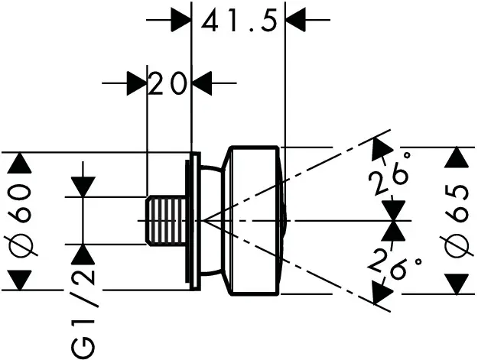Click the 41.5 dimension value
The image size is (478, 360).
coord(238,23)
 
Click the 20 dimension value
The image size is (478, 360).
coord(168,83)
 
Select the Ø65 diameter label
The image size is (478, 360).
coord(457,222)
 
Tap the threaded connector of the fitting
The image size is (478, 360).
coord(167,221)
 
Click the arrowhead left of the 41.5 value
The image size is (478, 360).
coord(180,20)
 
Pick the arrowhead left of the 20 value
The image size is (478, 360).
coord(136,83)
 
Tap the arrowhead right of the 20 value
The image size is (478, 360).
coord(202,83)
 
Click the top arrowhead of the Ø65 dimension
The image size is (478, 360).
coord(457,157)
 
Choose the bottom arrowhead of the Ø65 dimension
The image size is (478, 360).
coord(457,284)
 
